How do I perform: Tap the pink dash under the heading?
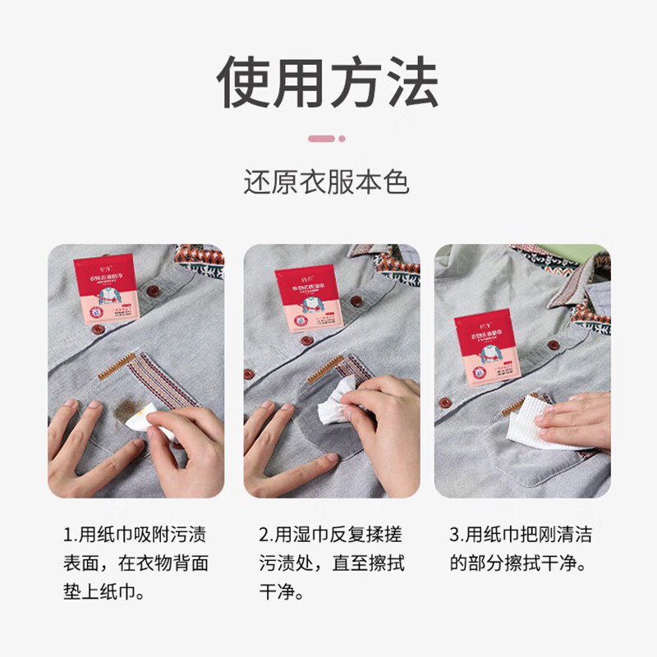(x=328, y=139)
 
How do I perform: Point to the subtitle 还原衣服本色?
(x=327, y=181)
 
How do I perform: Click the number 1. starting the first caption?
(x=69, y=535)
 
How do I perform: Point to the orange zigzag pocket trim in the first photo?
(x=117, y=366)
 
